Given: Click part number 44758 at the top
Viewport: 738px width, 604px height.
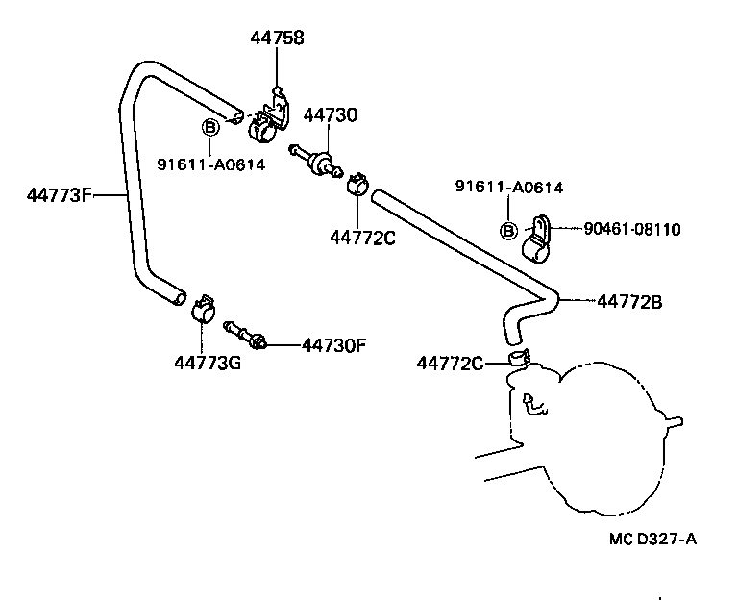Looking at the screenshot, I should [x=277, y=39].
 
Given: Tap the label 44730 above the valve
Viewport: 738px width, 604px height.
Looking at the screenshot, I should [x=331, y=115].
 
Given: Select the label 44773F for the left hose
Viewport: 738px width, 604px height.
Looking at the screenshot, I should [x=59, y=196].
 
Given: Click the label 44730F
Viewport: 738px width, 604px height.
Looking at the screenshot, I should [x=334, y=343].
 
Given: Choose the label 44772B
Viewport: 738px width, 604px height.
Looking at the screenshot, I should [x=630, y=300].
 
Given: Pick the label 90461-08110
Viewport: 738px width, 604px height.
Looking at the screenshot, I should [x=632, y=229].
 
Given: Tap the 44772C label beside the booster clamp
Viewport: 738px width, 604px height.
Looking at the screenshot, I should [x=450, y=363].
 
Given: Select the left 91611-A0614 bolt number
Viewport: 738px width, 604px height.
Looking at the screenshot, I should [x=211, y=164].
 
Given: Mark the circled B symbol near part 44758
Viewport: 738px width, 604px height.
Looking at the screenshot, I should [x=209, y=127].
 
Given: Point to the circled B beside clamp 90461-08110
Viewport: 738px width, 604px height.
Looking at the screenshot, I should [x=509, y=230].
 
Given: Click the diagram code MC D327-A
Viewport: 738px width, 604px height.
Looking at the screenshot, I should [x=652, y=538].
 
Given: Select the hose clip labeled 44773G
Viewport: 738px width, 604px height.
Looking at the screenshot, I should [x=204, y=308].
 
